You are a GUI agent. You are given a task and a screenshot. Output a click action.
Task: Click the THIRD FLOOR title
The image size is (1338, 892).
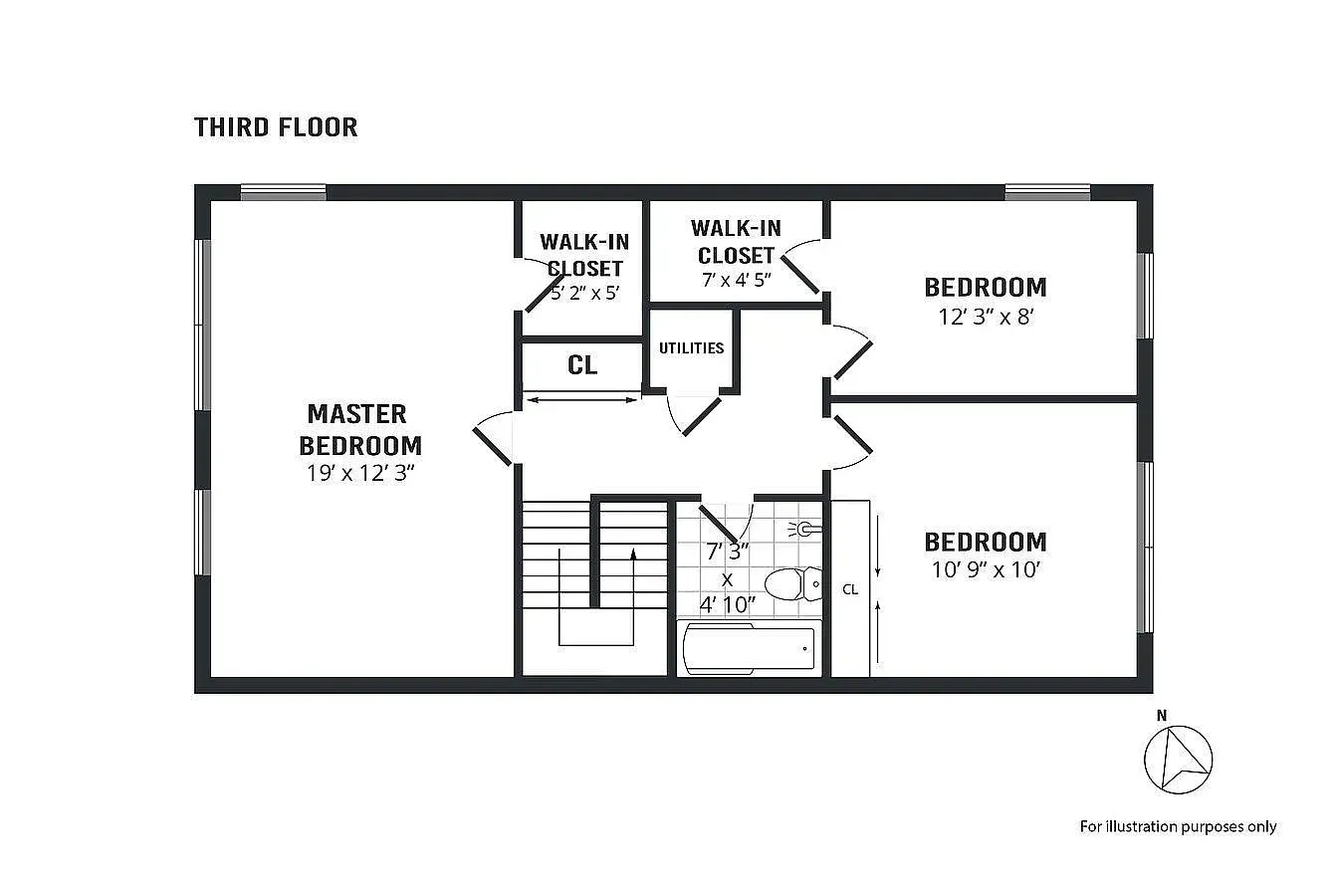click(276, 127)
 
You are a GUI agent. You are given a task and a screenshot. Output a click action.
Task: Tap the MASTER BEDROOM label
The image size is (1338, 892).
click(360, 429)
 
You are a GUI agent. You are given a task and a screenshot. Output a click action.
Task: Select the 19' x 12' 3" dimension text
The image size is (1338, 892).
click(360, 473)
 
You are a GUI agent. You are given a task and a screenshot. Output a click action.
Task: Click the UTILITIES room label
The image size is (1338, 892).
click(691, 348)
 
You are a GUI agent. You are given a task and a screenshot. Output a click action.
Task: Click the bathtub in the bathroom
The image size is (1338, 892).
click(749, 648)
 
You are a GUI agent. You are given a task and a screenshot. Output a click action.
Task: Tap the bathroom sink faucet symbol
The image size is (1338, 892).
click(806, 530)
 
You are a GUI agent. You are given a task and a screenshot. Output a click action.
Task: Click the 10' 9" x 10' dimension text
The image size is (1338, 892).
click(986, 570)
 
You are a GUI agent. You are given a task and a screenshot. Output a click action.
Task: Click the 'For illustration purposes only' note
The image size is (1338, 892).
click(1178, 826)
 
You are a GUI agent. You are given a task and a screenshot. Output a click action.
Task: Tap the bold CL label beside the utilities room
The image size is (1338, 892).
click(582, 365)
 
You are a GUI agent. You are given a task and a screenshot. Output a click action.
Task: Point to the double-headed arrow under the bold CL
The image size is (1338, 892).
click(582, 400)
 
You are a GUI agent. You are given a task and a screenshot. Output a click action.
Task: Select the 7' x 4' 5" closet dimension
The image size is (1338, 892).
click(737, 280)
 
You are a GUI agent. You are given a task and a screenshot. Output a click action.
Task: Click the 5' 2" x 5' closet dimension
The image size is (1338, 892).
click(585, 294)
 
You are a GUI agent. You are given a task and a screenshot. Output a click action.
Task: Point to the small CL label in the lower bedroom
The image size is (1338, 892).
click(850, 589)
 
